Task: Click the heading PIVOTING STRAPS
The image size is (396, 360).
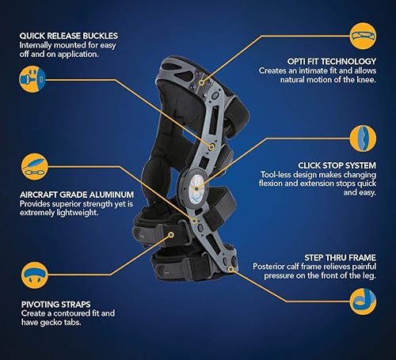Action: tap(52, 303)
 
